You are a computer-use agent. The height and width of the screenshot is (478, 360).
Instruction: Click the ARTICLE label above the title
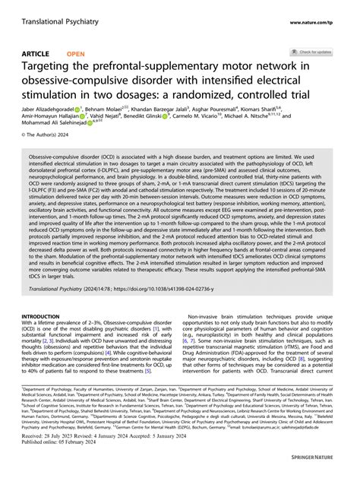pyautogui.click(x=35, y=54)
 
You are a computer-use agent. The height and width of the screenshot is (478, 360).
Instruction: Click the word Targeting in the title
pyautogui.click(x=52, y=68)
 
